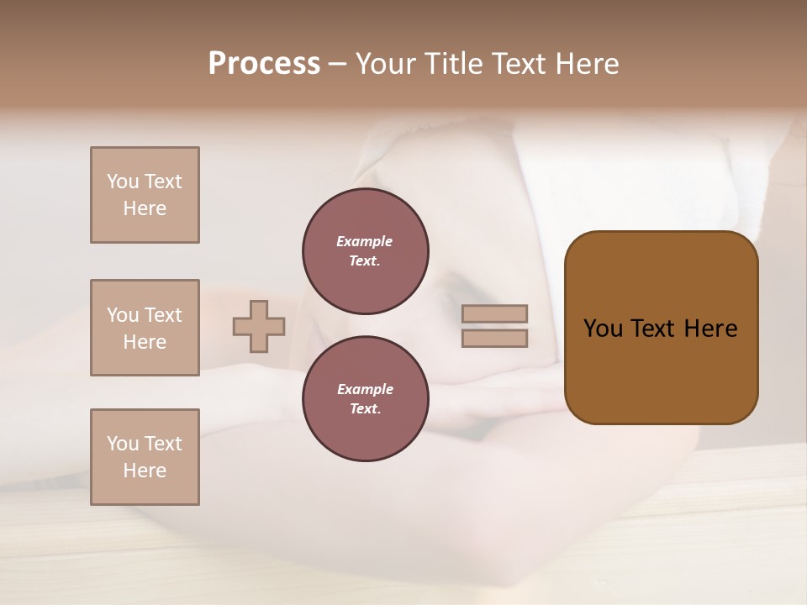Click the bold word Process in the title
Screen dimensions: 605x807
tap(264, 64)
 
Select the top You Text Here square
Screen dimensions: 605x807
tap(145, 195)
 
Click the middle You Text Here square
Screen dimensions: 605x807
tap(145, 328)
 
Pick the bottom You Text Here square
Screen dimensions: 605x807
tap(145, 457)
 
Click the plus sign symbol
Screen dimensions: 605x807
tap(259, 326)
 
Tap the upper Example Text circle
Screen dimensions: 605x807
tap(366, 251)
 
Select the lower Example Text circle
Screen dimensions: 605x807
tap(366, 399)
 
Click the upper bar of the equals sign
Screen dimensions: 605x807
tap(495, 313)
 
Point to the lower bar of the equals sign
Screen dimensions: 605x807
tap(495, 339)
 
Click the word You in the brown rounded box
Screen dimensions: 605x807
tap(603, 329)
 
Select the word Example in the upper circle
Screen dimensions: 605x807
tap(364, 241)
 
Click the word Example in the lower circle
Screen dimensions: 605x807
tap(365, 389)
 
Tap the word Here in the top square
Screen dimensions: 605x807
tap(145, 208)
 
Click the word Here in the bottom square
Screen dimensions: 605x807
tap(145, 471)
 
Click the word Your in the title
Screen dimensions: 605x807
tap(383, 64)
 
